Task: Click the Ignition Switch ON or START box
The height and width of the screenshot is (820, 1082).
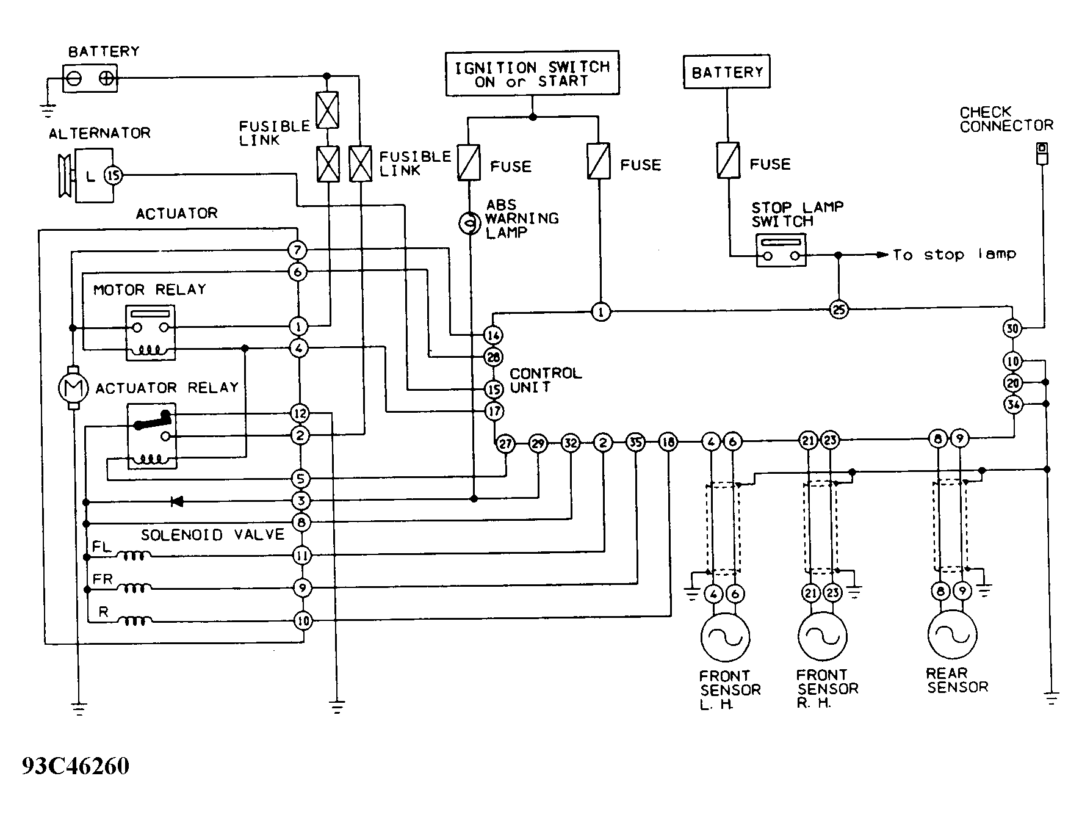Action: coord(532,73)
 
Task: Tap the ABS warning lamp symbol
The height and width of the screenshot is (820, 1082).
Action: coord(469,224)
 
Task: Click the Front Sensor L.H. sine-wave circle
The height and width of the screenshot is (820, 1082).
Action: coord(725,636)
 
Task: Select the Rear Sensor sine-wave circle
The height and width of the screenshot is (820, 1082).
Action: coord(952,635)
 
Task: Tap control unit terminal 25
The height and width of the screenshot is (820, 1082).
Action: coord(839,310)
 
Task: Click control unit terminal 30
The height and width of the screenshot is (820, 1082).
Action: coord(1012,328)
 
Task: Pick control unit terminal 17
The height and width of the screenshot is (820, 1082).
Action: coord(494,411)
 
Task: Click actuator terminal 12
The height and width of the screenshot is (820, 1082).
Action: coord(300,413)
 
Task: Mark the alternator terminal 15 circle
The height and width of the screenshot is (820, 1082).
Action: coord(114,176)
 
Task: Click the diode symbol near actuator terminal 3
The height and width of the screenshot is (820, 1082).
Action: coord(177,501)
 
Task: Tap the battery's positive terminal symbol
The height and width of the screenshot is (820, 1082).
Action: coord(107,78)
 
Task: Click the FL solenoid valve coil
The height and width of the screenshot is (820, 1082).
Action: coord(134,556)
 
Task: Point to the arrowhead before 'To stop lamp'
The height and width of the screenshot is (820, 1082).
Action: coord(882,255)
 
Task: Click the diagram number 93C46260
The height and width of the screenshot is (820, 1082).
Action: coord(76,766)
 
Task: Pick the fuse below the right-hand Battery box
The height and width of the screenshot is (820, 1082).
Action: coord(728,161)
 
